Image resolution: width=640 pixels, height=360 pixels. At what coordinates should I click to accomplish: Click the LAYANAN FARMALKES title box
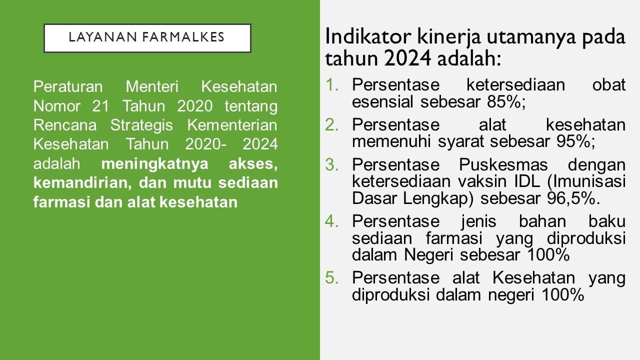147,38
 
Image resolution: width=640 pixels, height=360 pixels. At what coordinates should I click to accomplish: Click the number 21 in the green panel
100,106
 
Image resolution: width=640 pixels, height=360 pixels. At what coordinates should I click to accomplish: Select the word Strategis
141,125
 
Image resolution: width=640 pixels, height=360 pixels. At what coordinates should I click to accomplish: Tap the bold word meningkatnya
154,164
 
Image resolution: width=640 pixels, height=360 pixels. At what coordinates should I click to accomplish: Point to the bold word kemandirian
82,183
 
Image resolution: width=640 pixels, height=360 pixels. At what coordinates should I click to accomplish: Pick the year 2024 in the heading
407,58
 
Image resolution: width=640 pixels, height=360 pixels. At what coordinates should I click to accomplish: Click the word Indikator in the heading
368,37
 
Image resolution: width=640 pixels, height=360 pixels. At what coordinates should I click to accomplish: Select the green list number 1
331,85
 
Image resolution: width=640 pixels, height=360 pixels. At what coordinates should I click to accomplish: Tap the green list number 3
331,165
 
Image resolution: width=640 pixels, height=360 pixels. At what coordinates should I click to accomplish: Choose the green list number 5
331,277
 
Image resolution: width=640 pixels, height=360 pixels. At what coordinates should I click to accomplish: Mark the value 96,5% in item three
573,198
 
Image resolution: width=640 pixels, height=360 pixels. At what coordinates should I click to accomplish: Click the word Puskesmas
503,165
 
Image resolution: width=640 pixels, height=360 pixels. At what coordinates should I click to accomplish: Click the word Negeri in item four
428,255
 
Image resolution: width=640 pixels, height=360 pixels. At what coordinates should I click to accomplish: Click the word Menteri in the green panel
152,86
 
